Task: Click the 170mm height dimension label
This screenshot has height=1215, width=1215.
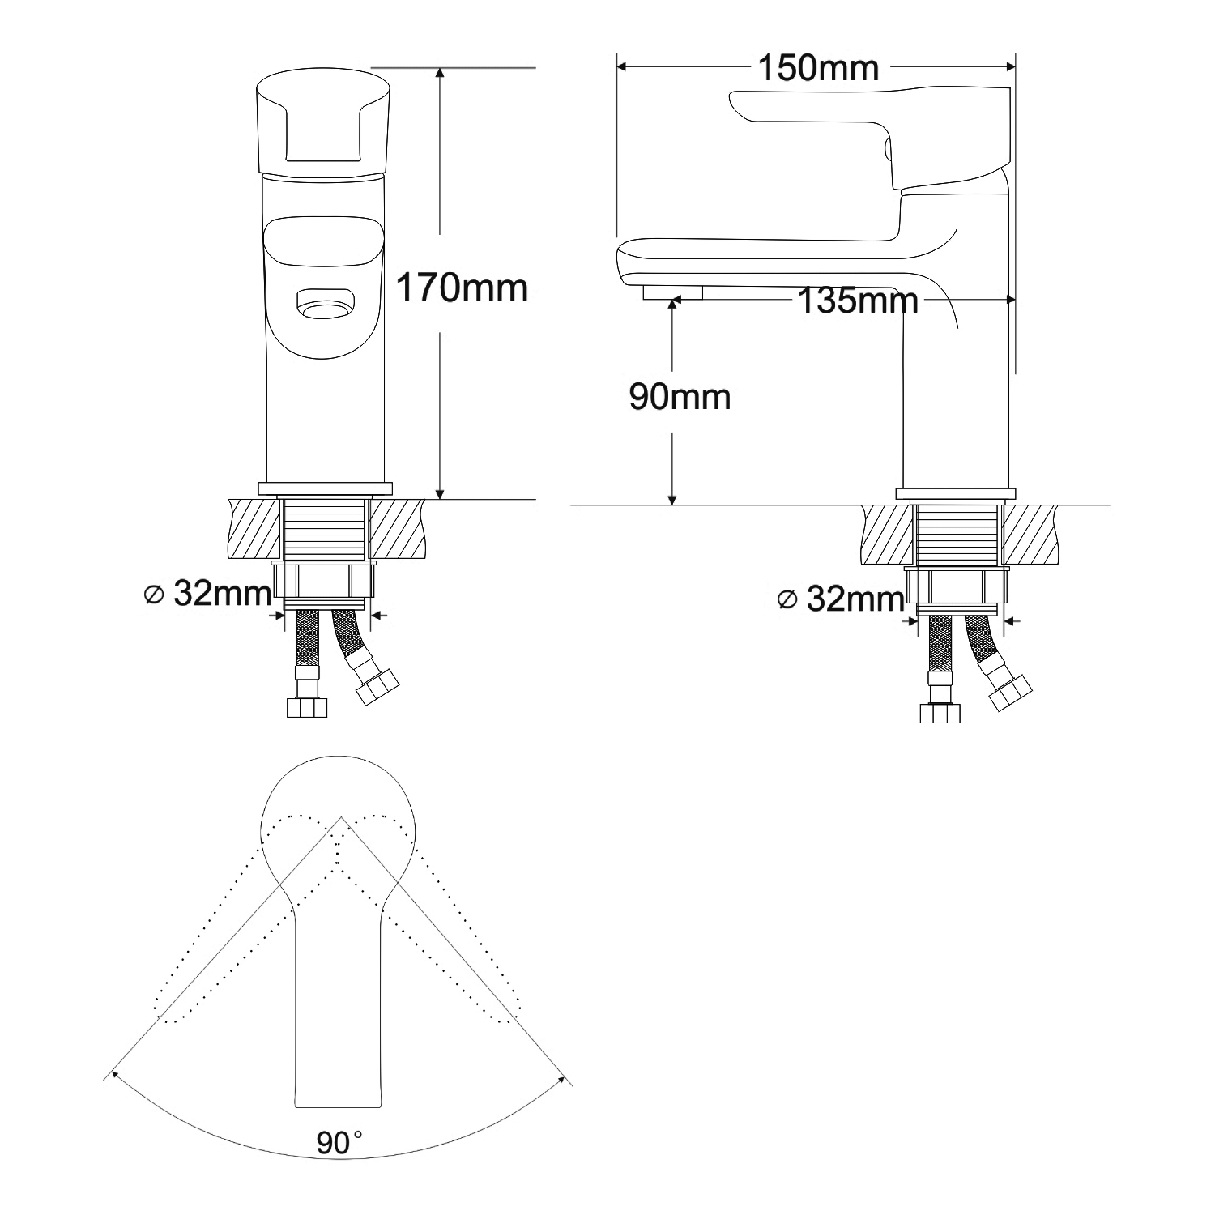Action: point(462,288)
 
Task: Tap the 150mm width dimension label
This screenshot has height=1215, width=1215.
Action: point(818,68)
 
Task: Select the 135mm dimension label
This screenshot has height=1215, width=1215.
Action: point(859,301)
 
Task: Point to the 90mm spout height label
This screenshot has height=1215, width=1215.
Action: point(680,397)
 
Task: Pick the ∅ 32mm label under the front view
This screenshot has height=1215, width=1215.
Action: point(207,595)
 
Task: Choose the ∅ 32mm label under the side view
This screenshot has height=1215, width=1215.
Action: point(840,599)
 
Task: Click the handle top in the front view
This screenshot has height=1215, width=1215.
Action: point(324,122)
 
